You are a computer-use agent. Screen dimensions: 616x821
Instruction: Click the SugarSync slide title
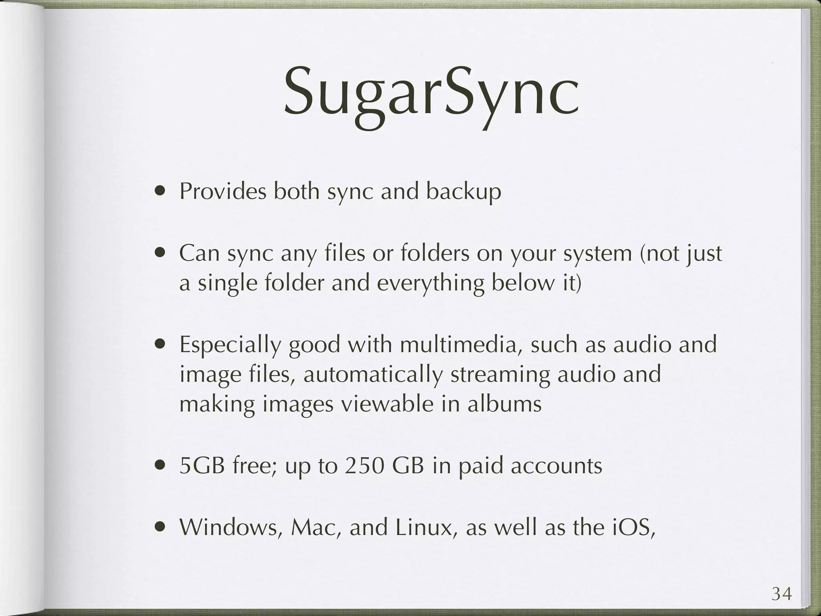[431, 96]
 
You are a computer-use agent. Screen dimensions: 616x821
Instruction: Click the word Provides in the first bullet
[222, 191]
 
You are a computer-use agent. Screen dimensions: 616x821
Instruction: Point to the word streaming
[500, 375]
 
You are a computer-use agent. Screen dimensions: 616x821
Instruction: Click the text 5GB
[202, 466]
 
